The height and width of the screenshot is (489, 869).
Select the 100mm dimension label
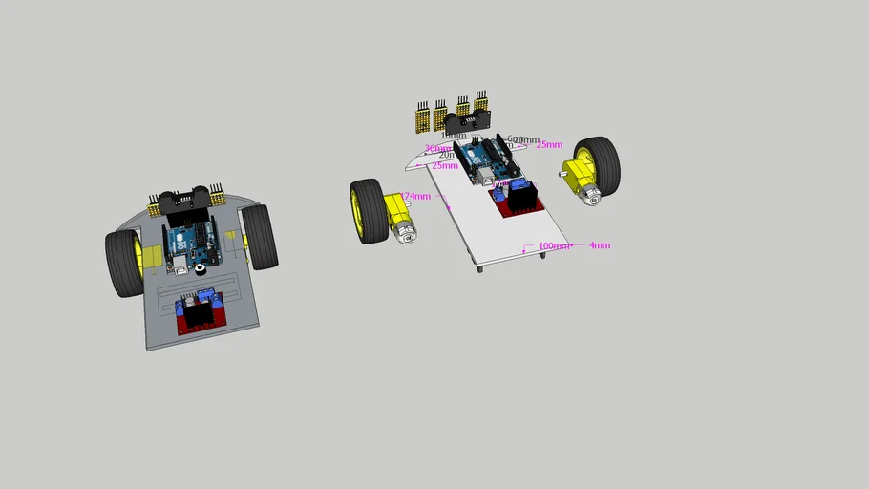[x=552, y=246]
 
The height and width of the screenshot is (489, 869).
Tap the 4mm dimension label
[x=599, y=245]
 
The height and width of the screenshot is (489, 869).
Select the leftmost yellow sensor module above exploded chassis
[x=420, y=118]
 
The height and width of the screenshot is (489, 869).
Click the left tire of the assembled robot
[x=123, y=264]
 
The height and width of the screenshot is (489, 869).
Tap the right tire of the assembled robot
[x=259, y=237]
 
